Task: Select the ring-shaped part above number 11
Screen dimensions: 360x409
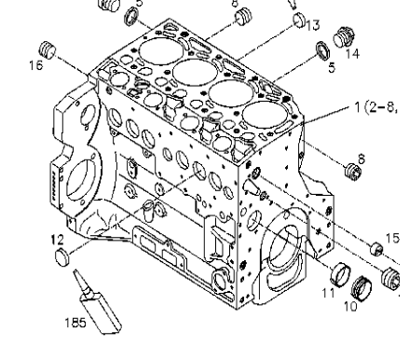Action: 341,275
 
